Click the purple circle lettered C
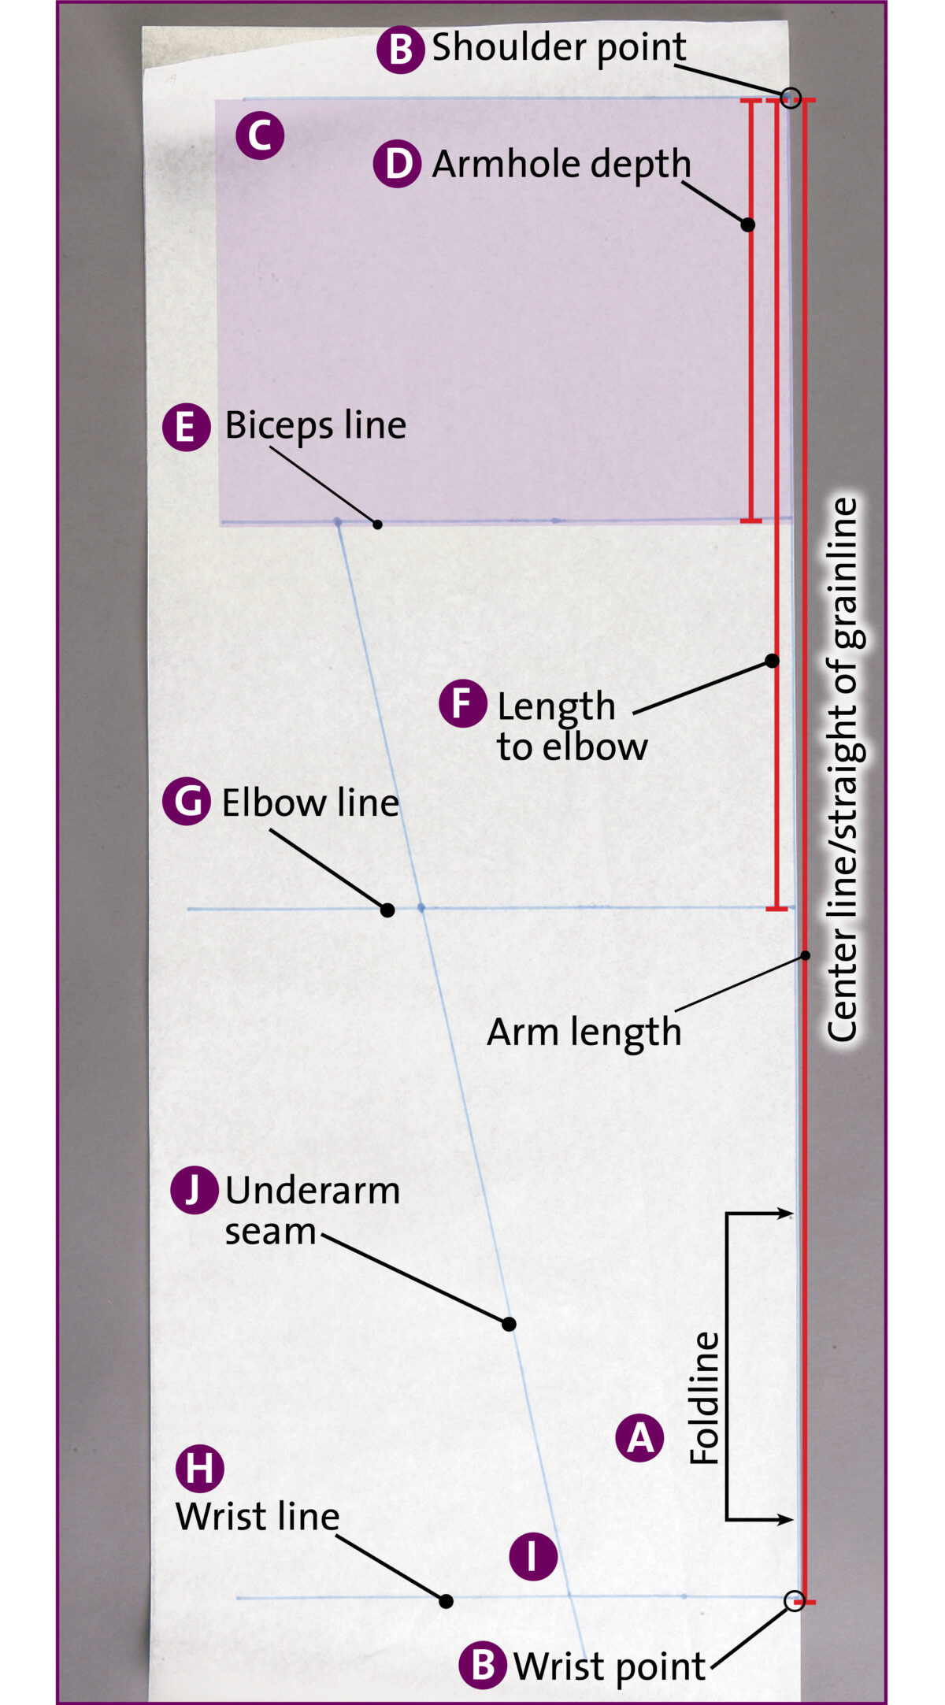coord(260,136)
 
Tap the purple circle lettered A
coord(639,1437)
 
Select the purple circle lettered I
coord(533,1556)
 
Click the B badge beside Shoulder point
coord(400,50)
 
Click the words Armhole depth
coord(561,164)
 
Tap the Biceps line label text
coord(315,425)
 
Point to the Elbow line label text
coord(310,803)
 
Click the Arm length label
coord(584,1032)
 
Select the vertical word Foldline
coord(704,1398)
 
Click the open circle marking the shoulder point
coord(791,98)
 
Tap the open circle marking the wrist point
coord(795,1600)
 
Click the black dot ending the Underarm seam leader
coord(510,1324)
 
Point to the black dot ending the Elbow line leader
coord(387,910)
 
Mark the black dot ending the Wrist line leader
coord(446,1601)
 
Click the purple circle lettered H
coord(199,1469)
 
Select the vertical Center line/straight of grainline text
coord(843,768)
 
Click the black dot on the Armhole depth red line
coord(748,224)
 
